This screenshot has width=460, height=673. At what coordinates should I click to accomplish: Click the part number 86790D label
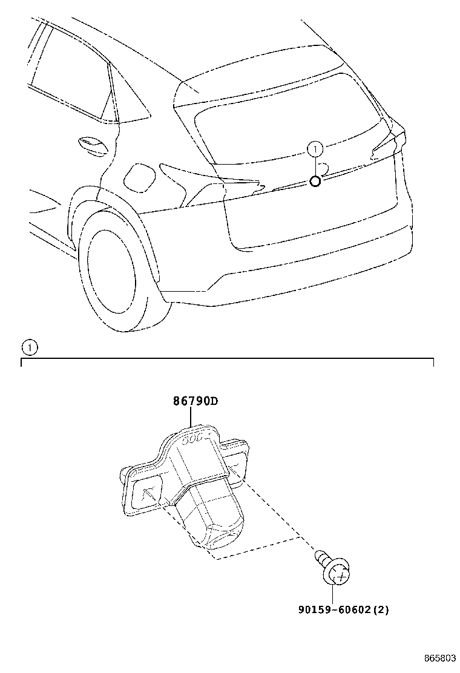[195, 401]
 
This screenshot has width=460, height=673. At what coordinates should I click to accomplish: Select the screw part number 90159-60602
[334, 609]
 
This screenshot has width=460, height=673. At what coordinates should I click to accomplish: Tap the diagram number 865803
[440, 658]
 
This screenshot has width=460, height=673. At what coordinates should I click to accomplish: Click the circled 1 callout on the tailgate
[315, 149]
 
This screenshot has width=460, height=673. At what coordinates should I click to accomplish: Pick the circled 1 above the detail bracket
[29, 347]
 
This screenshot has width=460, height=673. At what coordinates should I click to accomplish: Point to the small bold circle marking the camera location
[315, 182]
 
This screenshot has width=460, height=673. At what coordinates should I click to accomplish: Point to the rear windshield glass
[287, 120]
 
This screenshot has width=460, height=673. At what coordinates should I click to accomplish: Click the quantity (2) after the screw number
[380, 609]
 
